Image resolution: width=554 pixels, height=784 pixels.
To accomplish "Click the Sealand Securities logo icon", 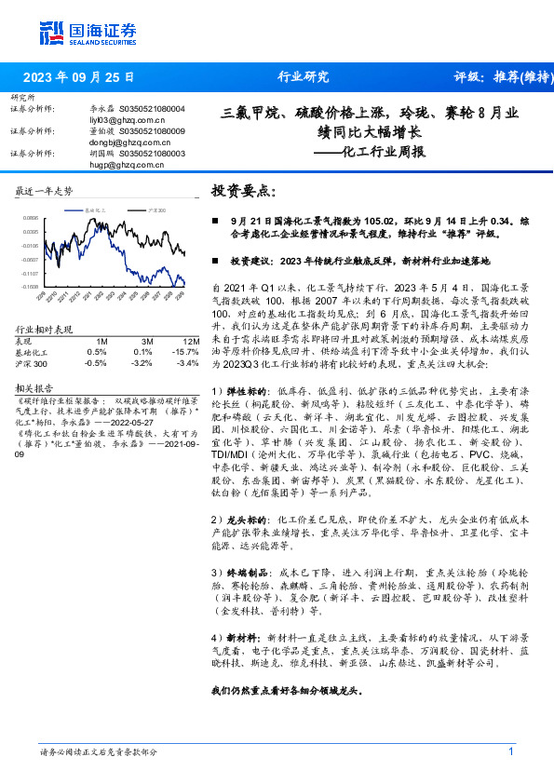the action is [x=51, y=32].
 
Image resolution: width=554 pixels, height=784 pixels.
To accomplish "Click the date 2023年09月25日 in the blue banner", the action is [x=78, y=77].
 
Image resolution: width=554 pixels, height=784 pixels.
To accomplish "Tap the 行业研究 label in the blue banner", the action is [x=304, y=77].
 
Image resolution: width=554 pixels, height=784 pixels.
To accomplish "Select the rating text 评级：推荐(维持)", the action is [x=501, y=77].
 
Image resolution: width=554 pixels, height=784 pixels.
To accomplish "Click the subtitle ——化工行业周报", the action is [x=370, y=151].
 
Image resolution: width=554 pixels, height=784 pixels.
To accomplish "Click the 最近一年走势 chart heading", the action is [x=45, y=191].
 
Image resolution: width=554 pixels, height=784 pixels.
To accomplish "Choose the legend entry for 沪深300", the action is [x=156, y=211].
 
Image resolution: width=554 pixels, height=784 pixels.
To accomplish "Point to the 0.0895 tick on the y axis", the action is [x=32, y=216].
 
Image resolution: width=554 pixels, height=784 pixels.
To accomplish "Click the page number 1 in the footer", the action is [x=511, y=751].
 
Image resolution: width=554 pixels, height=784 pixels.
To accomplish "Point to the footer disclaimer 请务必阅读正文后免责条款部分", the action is [x=98, y=752].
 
